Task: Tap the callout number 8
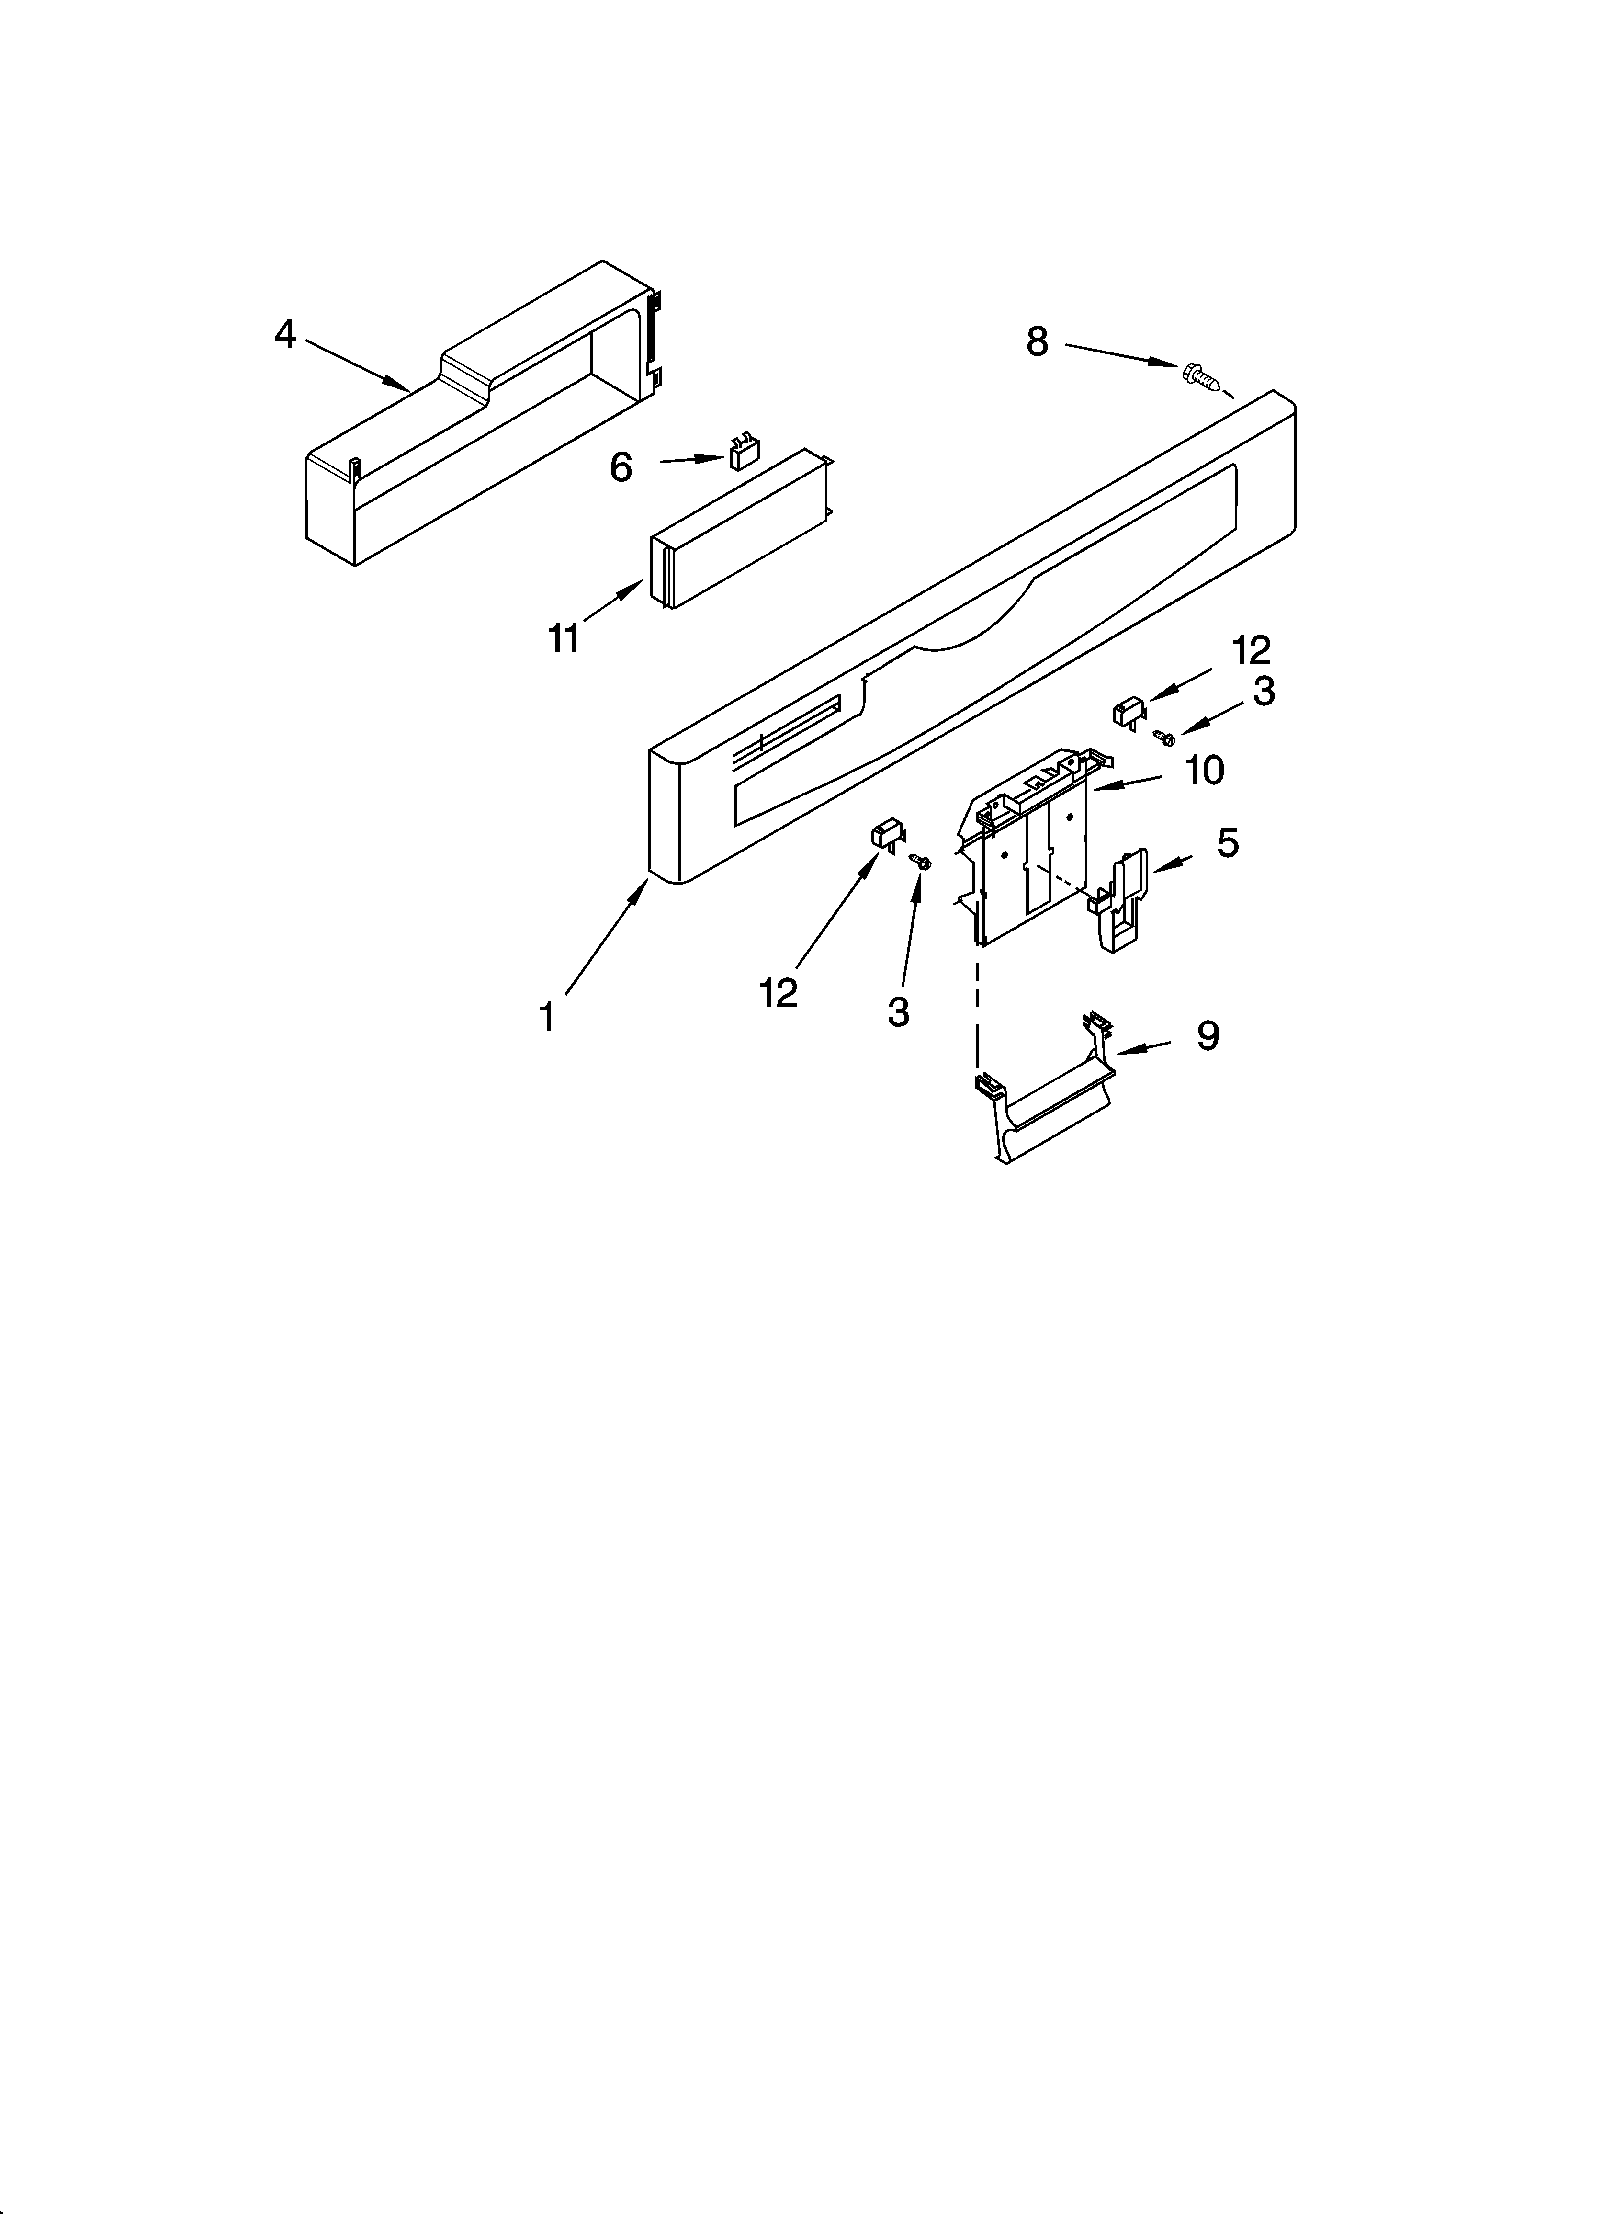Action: pos(1037,341)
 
